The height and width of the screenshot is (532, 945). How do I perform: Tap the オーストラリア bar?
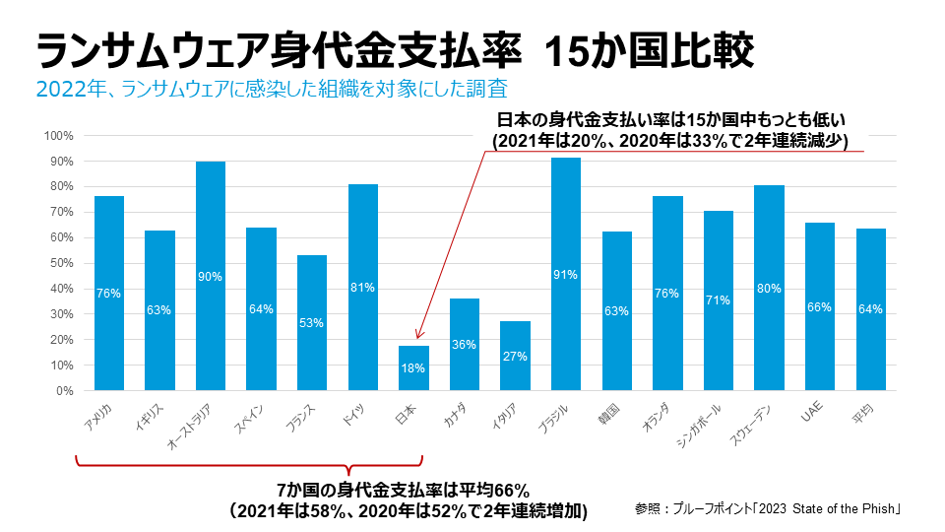[211, 276]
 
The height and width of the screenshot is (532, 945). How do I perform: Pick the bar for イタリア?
[515, 356]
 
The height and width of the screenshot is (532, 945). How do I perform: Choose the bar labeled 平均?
[870, 309]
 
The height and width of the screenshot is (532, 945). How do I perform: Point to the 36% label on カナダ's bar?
[465, 345]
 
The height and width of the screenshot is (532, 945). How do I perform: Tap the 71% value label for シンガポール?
[719, 299]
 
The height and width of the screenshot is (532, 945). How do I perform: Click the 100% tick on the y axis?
[60, 135]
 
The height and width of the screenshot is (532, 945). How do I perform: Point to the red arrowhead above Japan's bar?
[418, 336]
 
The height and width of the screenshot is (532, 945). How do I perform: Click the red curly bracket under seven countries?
[249, 468]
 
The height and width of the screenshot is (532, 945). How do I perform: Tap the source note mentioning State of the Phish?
[769, 509]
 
